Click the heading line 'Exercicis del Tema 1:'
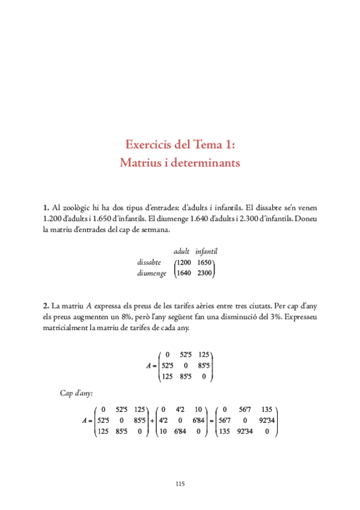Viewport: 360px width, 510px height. [180, 145]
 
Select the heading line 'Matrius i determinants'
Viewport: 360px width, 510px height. [180, 162]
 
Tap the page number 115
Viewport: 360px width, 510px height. [180, 484]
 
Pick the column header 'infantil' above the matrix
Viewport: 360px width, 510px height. [206, 251]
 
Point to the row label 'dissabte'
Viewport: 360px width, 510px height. [149, 262]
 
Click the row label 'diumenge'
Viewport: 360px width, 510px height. [151, 273]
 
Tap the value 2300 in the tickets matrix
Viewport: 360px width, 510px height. [205, 273]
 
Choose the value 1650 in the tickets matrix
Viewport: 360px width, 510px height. [205, 262]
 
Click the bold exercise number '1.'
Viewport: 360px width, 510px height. [46, 207]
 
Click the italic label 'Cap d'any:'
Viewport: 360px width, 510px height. [76, 393]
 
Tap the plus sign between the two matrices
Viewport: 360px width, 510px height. [151, 420]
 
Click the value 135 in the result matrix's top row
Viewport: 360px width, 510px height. [268, 410]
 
